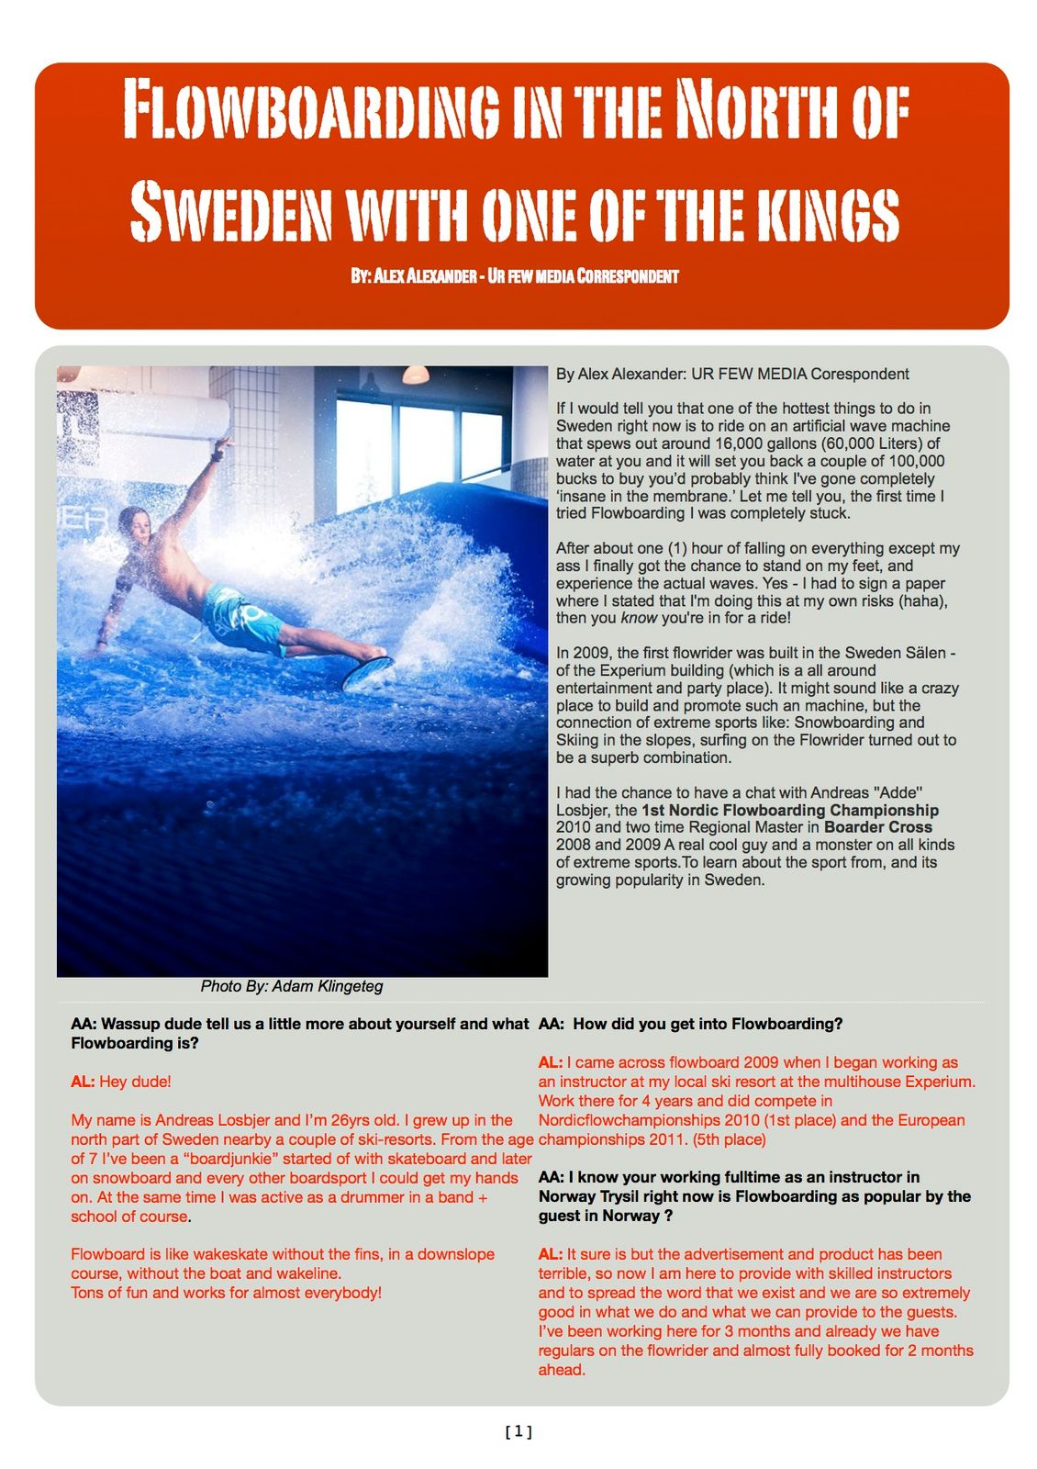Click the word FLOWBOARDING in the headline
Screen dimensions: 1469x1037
point(311,109)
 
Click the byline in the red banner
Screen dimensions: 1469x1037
point(514,275)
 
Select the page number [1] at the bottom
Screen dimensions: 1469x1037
point(518,1430)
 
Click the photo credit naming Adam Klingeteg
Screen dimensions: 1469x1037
point(292,986)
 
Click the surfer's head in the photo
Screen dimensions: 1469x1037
point(136,525)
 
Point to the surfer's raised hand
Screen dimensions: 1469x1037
point(219,447)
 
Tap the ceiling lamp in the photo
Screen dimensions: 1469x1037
point(415,374)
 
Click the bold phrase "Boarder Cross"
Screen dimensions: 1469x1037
point(877,826)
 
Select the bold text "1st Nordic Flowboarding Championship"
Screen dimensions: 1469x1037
point(789,810)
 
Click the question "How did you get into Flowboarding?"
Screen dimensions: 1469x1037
point(708,1024)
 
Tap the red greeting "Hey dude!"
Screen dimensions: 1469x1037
point(135,1082)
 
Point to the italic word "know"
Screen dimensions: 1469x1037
point(639,618)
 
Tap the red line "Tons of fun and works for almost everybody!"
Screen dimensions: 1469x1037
point(226,1293)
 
